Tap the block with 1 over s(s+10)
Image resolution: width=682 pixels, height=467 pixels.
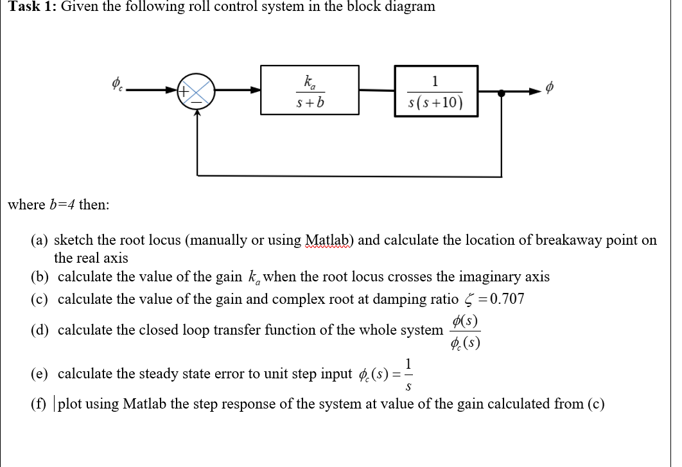435,91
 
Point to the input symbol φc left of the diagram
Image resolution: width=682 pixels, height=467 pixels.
118,84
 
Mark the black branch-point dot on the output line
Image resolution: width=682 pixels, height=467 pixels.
502,93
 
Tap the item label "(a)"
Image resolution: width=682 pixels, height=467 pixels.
42,240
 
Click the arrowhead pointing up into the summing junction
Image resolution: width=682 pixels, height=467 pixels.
197,114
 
